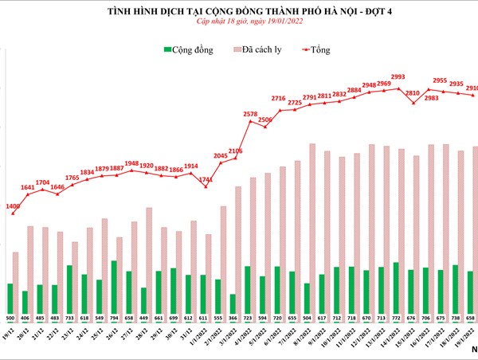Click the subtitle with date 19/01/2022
click(238, 25)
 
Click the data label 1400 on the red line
click(13, 206)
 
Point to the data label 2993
click(398, 77)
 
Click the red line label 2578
click(249, 115)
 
